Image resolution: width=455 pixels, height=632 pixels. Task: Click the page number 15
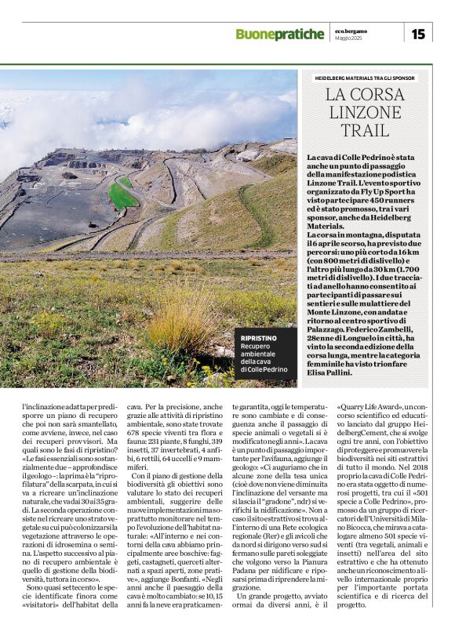coord(418,34)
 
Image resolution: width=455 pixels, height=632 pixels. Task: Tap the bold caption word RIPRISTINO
coord(260,338)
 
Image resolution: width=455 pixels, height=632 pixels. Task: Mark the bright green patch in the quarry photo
coord(122,193)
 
